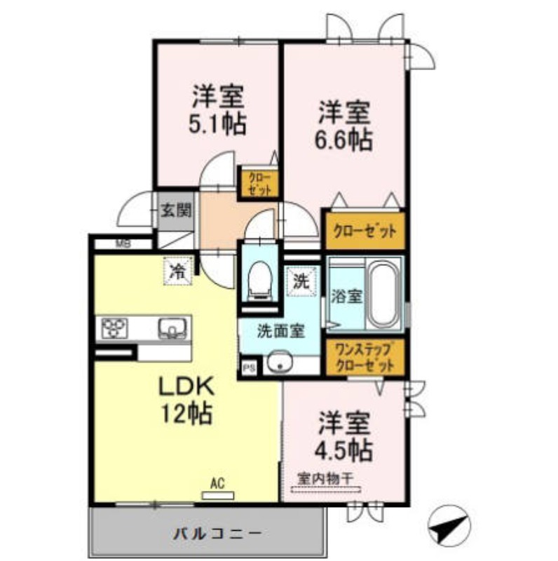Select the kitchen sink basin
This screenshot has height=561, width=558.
[x=172, y=327]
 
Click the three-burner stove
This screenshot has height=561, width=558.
[x=116, y=327]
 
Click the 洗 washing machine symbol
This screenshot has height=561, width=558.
[x=300, y=283]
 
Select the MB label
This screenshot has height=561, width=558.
[x=123, y=244]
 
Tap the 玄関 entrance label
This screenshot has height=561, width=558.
[x=175, y=209]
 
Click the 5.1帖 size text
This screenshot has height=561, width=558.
[x=217, y=124]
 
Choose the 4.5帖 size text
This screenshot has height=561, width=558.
[x=343, y=447]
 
